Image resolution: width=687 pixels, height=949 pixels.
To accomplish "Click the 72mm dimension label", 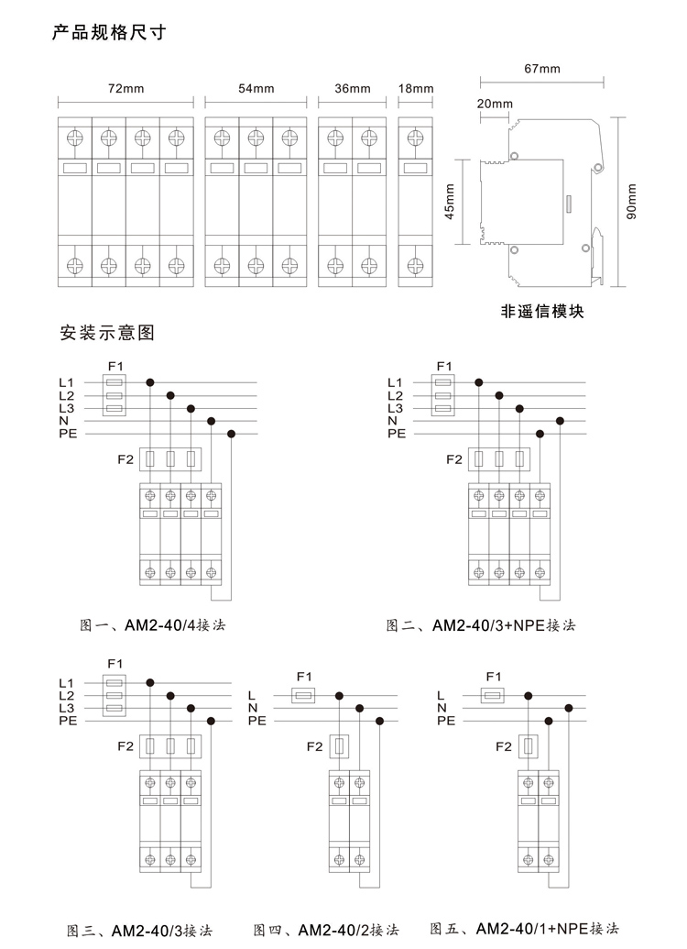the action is pyautogui.click(x=125, y=88).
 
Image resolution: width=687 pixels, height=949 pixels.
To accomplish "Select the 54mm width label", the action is pyautogui.click(x=256, y=88).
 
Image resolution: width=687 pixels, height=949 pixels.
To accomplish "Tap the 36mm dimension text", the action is pyautogui.click(x=352, y=88).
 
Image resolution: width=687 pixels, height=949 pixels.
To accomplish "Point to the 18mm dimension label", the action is pyautogui.click(x=416, y=88).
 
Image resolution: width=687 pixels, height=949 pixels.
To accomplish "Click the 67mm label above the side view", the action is pyautogui.click(x=542, y=69).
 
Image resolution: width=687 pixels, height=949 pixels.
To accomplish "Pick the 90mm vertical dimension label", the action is pyautogui.click(x=631, y=202).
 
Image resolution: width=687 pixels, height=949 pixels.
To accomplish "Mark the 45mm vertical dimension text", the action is pyautogui.click(x=450, y=202).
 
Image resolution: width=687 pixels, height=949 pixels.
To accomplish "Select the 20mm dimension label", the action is pyautogui.click(x=494, y=104).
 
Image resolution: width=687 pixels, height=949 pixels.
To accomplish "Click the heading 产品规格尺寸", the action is pyautogui.click(x=109, y=31).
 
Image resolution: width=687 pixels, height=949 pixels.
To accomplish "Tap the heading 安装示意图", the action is pyautogui.click(x=107, y=332).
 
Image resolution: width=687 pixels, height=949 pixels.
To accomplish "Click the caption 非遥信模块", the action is pyautogui.click(x=542, y=311).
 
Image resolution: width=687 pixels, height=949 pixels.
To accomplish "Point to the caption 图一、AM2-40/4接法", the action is pyautogui.click(x=152, y=624).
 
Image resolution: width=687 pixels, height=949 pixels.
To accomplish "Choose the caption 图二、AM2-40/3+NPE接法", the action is pyautogui.click(x=481, y=624).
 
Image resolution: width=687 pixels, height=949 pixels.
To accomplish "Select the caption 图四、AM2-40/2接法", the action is pyautogui.click(x=326, y=930).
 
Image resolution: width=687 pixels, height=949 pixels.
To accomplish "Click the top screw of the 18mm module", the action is pyautogui.click(x=415, y=138).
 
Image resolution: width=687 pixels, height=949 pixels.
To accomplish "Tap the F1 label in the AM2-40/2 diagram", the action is pyautogui.click(x=304, y=676).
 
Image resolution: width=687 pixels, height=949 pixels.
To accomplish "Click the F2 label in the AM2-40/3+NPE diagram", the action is pyautogui.click(x=453, y=459).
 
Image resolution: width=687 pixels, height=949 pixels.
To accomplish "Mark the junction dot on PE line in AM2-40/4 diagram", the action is pyautogui.click(x=231, y=434).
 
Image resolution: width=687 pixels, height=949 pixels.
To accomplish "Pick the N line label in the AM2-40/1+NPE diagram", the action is pyautogui.click(x=442, y=708).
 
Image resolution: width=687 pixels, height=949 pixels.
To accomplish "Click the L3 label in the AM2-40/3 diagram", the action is pyautogui.click(x=67, y=708).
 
